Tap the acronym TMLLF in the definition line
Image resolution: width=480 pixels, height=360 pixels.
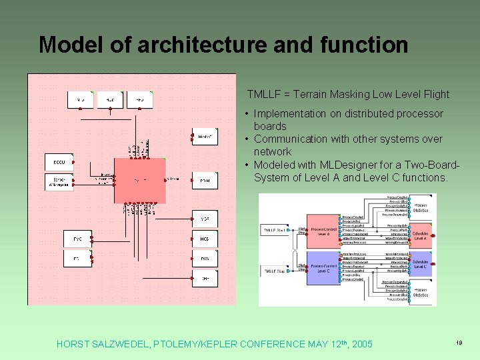(265, 95)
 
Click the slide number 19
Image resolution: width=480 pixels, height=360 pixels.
(459, 342)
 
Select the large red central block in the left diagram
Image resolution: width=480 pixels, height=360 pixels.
(139, 180)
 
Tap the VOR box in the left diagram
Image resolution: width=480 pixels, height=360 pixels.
(205, 218)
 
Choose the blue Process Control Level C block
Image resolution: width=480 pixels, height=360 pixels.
(323, 268)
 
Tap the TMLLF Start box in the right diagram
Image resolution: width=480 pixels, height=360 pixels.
(276, 230)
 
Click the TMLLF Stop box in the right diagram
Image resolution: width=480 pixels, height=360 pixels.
(276, 271)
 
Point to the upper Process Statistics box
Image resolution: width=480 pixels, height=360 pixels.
(420, 207)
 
